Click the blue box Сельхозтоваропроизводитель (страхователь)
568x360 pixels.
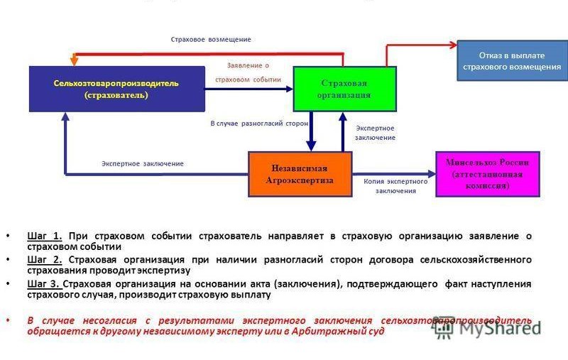pos(116,89)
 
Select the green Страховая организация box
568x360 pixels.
pos(344,88)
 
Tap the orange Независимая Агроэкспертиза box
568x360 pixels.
pos(299,174)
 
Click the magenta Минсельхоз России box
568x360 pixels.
pos(487,173)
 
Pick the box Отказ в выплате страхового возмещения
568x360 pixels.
pos(511,60)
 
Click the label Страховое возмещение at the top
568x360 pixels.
pos(211,39)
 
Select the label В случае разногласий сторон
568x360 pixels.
pos(259,123)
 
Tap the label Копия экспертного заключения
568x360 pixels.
pos(395,186)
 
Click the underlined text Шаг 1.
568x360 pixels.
pos(46,236)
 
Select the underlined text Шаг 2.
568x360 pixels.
pos(46,259)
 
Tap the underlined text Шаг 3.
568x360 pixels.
pos(46,283)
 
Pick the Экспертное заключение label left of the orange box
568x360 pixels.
pos(142,163)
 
